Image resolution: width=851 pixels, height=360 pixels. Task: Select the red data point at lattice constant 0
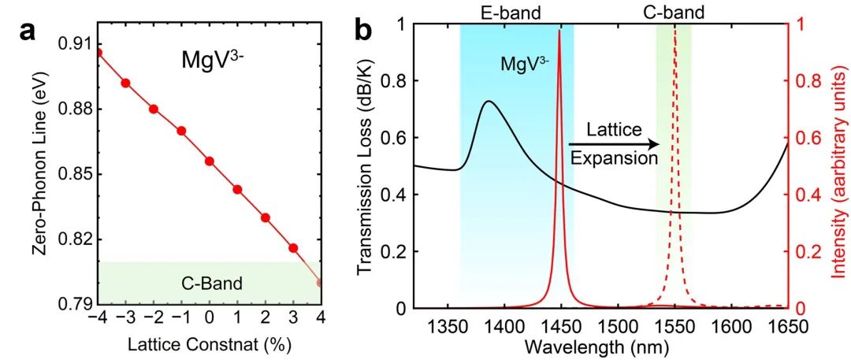point(210,161)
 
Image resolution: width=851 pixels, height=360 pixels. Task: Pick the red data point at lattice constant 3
point(293,248)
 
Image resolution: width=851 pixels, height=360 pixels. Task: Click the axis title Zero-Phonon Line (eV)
point(39,173)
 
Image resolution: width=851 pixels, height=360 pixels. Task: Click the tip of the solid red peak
point(559,32)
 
